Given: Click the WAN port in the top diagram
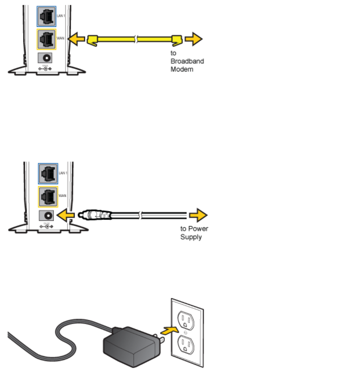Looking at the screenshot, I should (47, 39).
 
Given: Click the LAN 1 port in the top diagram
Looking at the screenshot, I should (47, 16).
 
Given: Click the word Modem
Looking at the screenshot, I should (182, 69).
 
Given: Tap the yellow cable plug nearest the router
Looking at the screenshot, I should (92, 40).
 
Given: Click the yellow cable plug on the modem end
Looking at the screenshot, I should (177, 39).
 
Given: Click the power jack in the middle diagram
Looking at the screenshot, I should (48, 216).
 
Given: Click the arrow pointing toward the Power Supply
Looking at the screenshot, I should (198, 215).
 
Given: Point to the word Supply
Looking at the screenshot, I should (191, 237).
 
